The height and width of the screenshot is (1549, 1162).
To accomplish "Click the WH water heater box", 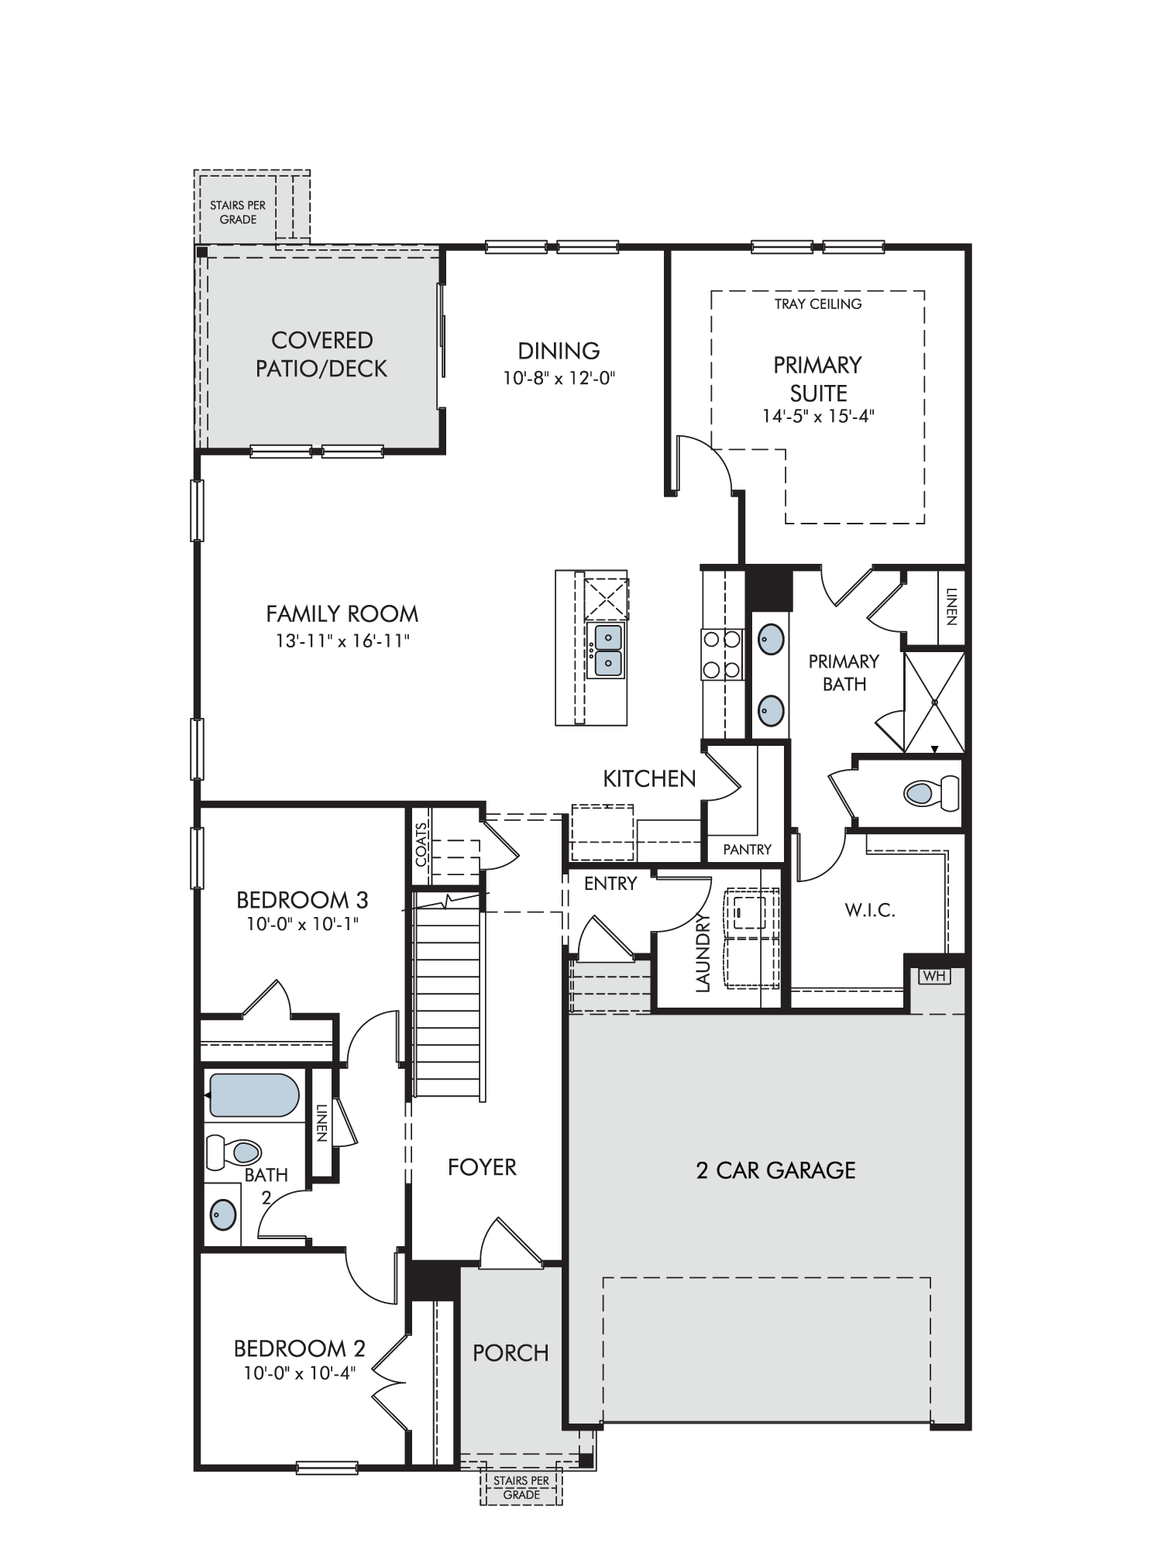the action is [934, 976].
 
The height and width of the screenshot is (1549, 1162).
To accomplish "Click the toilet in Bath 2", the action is [233, 1152].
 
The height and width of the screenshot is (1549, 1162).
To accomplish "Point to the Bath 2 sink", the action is [223, 1213].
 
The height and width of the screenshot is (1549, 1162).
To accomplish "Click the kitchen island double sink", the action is [606, 651].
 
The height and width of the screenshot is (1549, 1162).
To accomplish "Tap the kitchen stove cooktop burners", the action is [721, 654].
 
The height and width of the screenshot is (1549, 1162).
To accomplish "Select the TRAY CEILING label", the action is [818, 304].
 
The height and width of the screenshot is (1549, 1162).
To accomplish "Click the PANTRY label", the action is [747, 850].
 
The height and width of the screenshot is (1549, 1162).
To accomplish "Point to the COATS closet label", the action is [421, 843].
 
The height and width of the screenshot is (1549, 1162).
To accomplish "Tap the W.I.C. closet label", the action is [870, 910].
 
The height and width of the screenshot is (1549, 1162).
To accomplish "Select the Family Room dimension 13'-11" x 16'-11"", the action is [342, 641].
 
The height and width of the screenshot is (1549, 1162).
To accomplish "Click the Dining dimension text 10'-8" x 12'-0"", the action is [559, 379].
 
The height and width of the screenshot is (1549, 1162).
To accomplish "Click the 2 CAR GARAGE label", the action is [775, 1170].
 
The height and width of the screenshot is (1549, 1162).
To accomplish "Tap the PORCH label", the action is [511, 1353].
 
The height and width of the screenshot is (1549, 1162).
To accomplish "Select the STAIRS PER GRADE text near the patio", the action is [238, 212].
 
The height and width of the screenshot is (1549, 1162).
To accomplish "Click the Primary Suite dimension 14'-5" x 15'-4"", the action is [818, 416].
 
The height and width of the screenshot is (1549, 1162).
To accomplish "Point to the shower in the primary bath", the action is [934, 702].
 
